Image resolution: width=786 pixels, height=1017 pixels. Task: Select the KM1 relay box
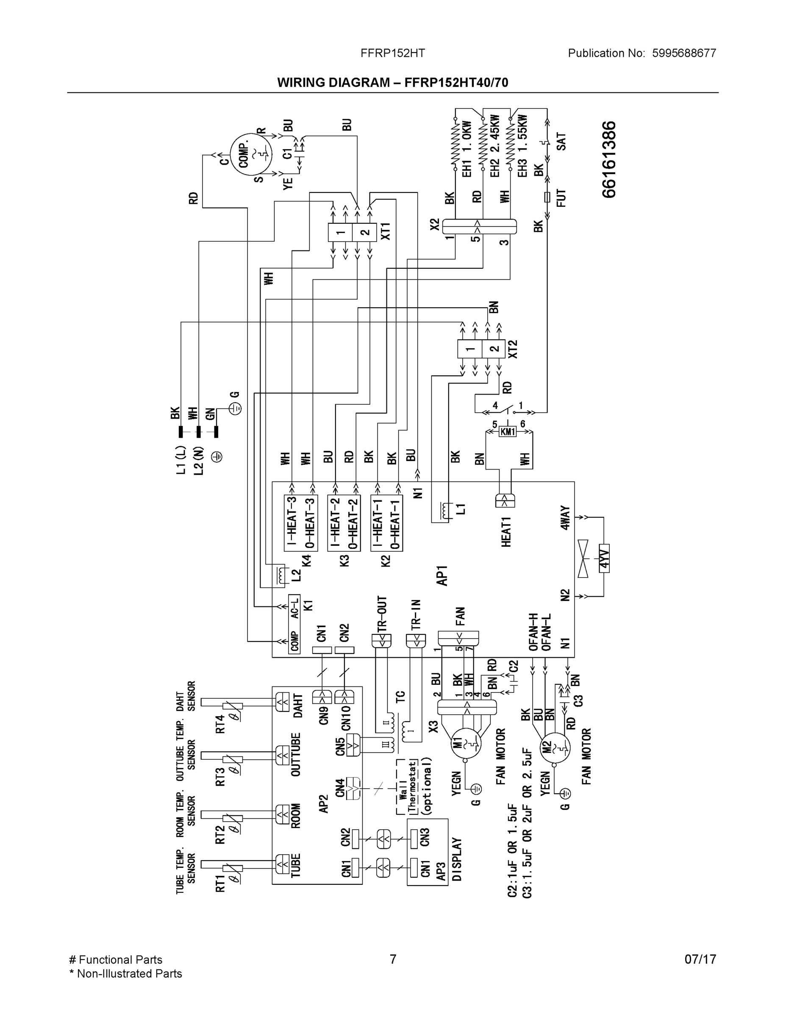click(508, 432)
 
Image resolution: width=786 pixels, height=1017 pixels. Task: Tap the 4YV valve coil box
click(604, 559)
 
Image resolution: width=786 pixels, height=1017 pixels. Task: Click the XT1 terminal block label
click(386, 231)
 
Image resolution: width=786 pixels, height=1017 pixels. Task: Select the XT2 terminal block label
click(512, 349)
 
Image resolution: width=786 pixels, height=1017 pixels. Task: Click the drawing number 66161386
click(609, 160)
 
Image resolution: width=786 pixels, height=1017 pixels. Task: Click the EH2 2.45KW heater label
click(494, 146)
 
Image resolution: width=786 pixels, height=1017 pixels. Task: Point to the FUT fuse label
click(561, 198)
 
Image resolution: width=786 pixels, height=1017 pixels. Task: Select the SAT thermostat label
click(561, 142)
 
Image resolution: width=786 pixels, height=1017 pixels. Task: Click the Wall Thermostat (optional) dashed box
click(414, 787)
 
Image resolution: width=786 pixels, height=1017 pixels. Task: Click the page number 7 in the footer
click(392, 960)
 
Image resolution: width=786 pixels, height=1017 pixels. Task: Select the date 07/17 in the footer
click(700, 960)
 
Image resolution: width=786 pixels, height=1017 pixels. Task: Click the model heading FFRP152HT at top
click(392, 53)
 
